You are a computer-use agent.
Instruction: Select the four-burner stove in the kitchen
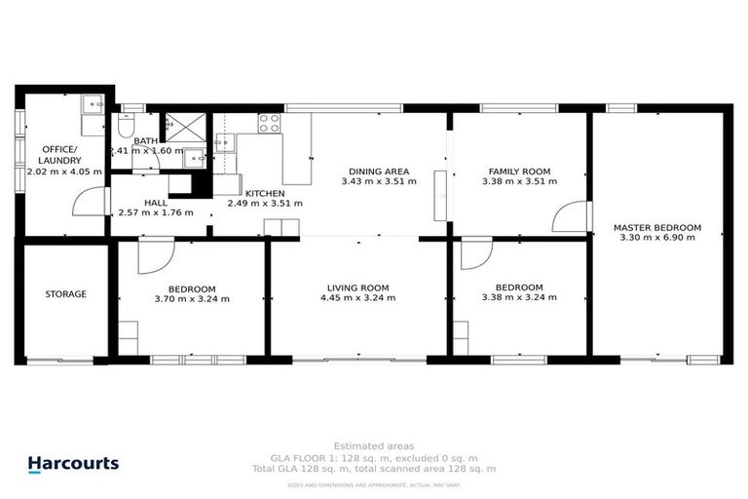(269, 124)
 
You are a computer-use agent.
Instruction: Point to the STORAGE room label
(65, 294)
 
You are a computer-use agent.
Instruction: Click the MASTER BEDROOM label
(656, 228)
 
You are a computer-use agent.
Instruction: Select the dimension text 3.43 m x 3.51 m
(379, 181)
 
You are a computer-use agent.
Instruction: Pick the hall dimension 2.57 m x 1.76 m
(156, 213)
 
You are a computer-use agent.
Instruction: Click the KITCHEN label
(264, 193)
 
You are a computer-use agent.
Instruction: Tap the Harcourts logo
(73, 465)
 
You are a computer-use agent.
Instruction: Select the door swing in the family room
(573, 215)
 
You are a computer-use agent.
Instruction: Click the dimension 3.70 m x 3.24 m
(193, 299)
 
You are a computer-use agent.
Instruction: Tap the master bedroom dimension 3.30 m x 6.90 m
(656, 239)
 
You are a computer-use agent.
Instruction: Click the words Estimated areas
(373, 446)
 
